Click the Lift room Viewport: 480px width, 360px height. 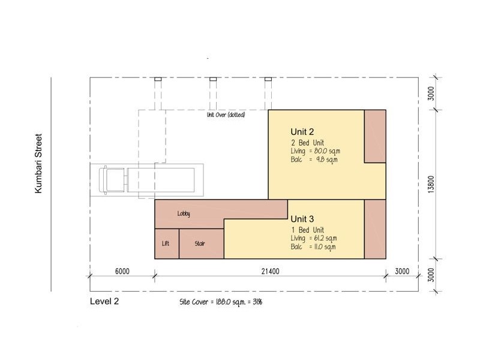pos(167,244)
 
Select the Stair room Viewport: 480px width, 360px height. pos(202,244)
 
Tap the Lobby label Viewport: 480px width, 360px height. pos(184,214)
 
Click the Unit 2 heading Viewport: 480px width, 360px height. pos(302,132)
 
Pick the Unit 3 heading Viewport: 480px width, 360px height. pos(302,219)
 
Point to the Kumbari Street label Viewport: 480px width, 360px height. pos(38,163)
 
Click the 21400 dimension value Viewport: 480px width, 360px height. pos(271,271)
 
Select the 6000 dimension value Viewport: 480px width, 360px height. pos(122,271)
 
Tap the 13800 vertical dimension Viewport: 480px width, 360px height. pos(431,184)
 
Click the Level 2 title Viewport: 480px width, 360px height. pos(104,301)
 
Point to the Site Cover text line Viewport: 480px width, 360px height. pos(221,302)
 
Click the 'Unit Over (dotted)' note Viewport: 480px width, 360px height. pos(226,115)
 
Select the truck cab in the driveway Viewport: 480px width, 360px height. pos(112,180)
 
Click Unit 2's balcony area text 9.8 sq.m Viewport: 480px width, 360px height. pos(327,160)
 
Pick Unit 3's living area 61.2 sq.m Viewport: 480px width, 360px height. pos(325,238)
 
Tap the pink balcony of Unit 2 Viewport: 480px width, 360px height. pos(375,136)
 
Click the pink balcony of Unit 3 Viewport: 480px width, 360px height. pos(375,229)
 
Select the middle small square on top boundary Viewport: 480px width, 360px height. pos(213,79)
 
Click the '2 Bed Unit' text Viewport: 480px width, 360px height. pos(307,143)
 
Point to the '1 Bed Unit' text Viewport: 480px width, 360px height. pos(307,230)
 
